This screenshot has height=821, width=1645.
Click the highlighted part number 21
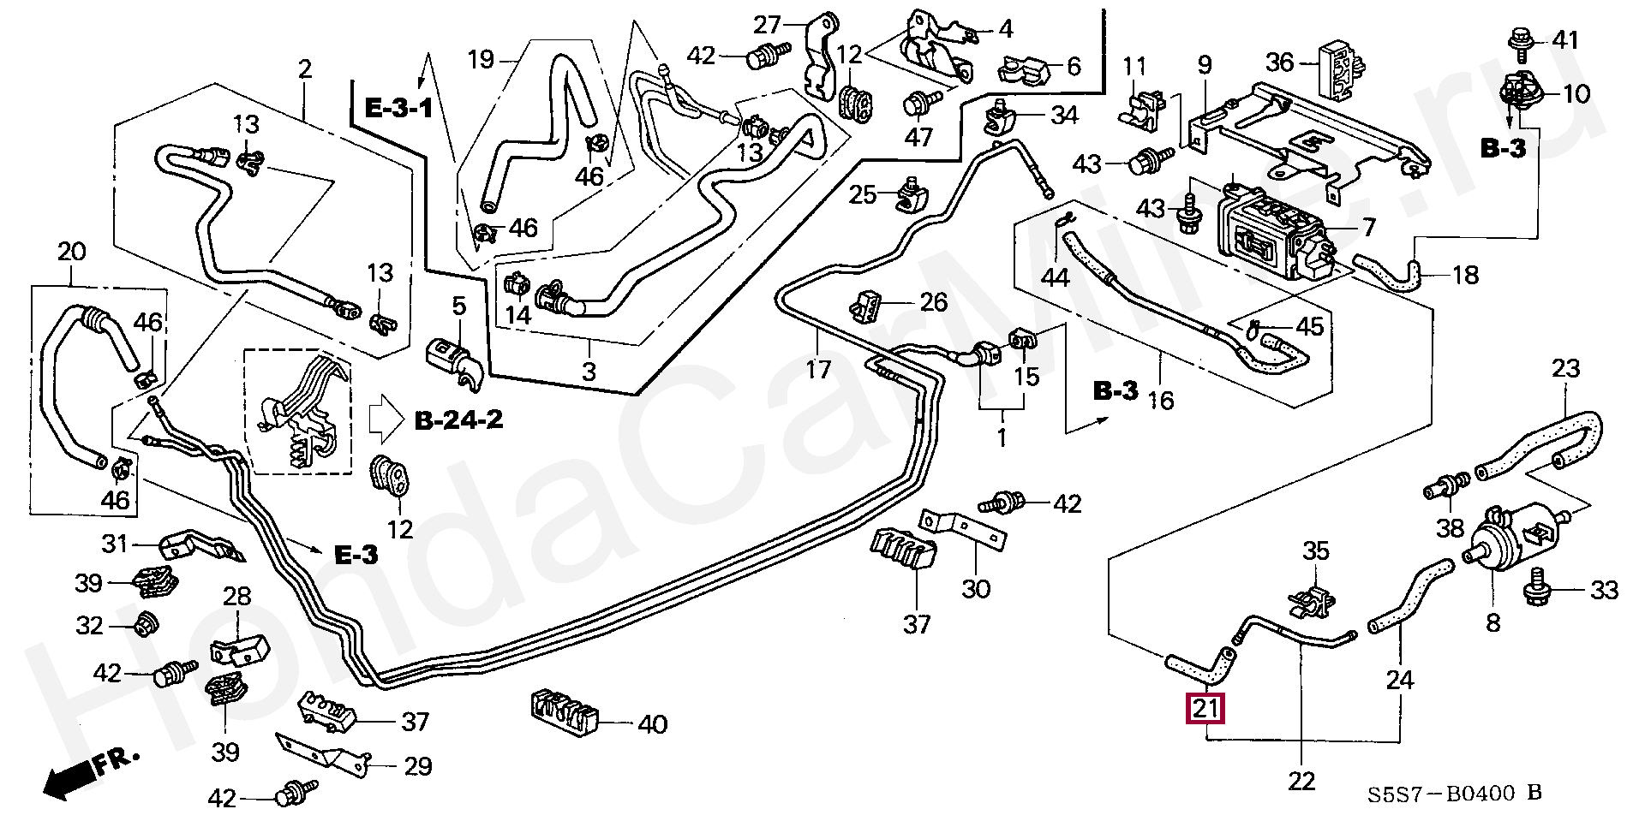[1205, 708]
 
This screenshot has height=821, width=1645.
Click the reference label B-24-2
[458, 419]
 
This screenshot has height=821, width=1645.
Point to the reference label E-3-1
[399, 108]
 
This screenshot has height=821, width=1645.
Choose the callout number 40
[652, 725]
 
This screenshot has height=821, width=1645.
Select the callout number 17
[819, 370]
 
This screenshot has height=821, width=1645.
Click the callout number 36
[1279, 62]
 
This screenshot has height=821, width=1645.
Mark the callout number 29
[417, 765]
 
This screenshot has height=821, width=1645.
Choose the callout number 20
[73, 253]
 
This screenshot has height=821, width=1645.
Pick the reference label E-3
[355, 555]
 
